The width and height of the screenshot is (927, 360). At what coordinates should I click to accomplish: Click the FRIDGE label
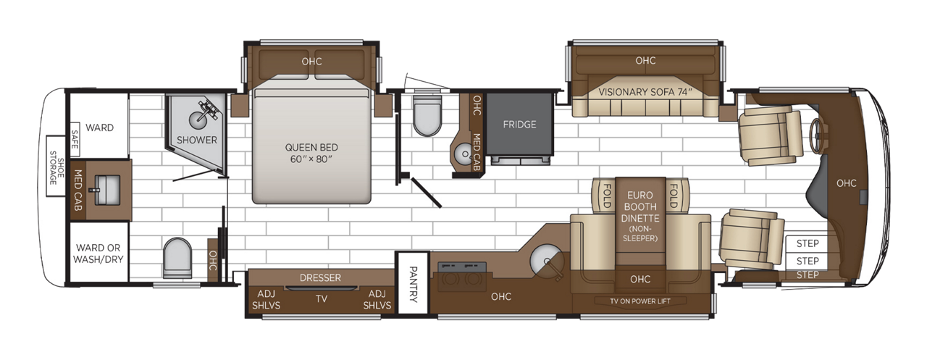519,125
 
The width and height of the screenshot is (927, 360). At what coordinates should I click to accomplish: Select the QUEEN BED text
311,147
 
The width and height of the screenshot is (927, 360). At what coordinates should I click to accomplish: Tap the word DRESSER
319,277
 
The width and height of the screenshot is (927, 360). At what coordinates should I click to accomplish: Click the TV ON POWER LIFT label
640,301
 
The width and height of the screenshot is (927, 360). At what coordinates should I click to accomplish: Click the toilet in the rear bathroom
177,257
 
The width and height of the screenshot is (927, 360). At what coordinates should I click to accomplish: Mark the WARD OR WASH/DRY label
99,252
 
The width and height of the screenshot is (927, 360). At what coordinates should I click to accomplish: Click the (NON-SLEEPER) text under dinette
640,233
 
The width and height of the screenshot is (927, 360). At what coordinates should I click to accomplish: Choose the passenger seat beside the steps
751,238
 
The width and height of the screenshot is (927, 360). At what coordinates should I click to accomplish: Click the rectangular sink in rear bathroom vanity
102,191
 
